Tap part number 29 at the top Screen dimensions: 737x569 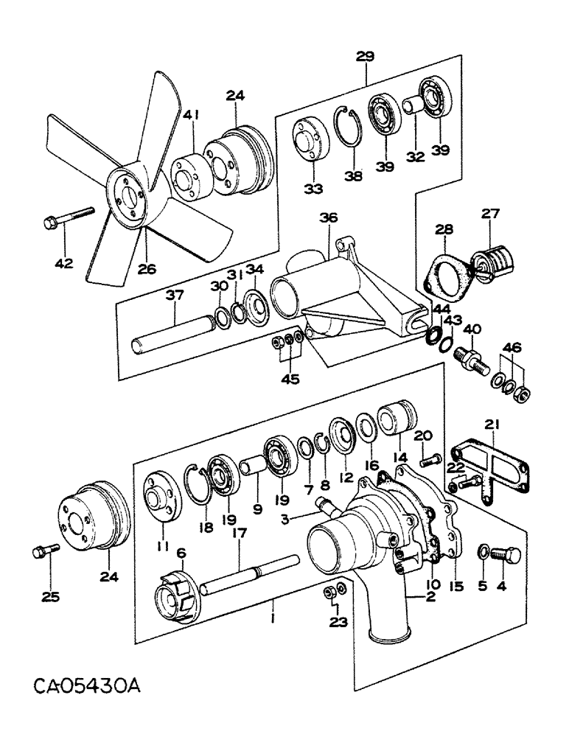tap(366, 55)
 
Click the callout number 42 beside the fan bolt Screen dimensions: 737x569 tap(64, 262)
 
